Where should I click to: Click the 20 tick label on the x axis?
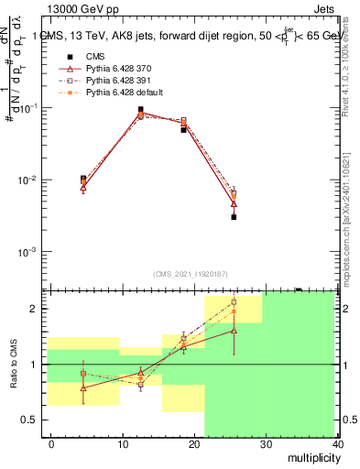193,444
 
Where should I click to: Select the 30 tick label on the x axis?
265,444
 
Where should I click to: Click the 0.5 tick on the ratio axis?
33,420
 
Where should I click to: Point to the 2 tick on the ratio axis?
38,309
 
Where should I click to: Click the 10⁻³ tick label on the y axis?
31,251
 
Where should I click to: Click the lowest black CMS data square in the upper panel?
234,217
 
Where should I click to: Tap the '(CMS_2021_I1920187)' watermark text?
191,274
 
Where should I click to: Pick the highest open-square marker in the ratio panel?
234,301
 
